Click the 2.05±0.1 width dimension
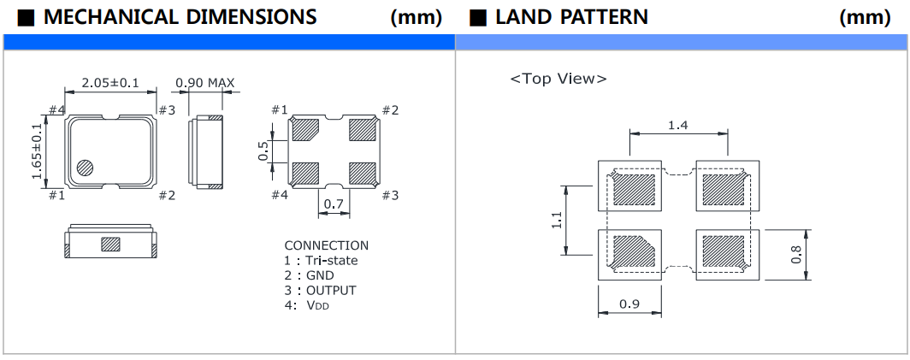[x=109, y=83]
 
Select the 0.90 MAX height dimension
[x=204, y=83]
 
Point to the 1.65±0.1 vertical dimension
[x=38, y=151]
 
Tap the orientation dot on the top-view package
[x=86, y=168]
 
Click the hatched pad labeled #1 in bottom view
[x=305, y=130]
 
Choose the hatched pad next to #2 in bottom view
[x=363, y=130]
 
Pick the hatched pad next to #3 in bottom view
[x=363, y=174]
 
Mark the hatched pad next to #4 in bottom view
[x=305, y=174]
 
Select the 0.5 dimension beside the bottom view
[x=263, y=151]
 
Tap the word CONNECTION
[x=326, y=245]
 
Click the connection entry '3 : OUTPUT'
[x=320, y=290]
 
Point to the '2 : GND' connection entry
[x=310, y=275]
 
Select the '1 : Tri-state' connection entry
[x=321, y=260]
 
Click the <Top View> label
[x=558, y=79]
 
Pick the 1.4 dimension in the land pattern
[x=678, y=125]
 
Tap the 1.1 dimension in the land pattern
[x=558, y=221]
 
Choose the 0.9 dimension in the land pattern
[x=629, y=303]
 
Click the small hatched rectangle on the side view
[x=111, y=245]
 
